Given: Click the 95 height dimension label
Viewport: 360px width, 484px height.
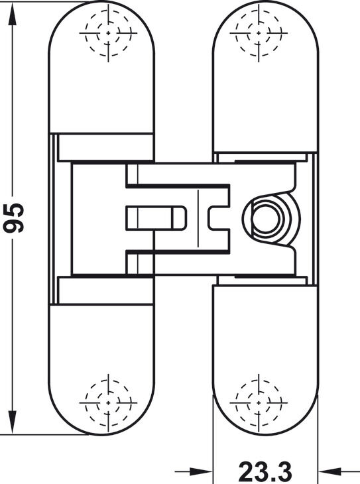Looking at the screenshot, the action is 13,217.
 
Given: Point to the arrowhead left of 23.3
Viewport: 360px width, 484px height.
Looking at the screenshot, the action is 201,471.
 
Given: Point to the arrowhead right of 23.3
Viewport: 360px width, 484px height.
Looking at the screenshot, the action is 330,471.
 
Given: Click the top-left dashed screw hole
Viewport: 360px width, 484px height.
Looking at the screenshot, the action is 108,32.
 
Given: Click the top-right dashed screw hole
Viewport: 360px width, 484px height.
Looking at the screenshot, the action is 259,32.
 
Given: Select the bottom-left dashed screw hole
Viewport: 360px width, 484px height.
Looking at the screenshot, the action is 108,403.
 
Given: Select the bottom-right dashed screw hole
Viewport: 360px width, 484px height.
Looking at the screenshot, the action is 259,403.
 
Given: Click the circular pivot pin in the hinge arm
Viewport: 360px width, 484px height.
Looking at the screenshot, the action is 265,218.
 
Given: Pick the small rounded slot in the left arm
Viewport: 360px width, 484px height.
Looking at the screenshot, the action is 156,218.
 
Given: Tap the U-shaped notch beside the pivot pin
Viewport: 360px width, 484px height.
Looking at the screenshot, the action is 219,218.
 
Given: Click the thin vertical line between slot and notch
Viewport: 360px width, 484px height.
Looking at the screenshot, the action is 198,218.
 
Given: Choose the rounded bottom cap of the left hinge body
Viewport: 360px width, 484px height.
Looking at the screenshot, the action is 101,370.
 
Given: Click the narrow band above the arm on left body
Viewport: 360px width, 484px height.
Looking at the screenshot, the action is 105,147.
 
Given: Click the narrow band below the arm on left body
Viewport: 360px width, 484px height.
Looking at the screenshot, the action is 105,291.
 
